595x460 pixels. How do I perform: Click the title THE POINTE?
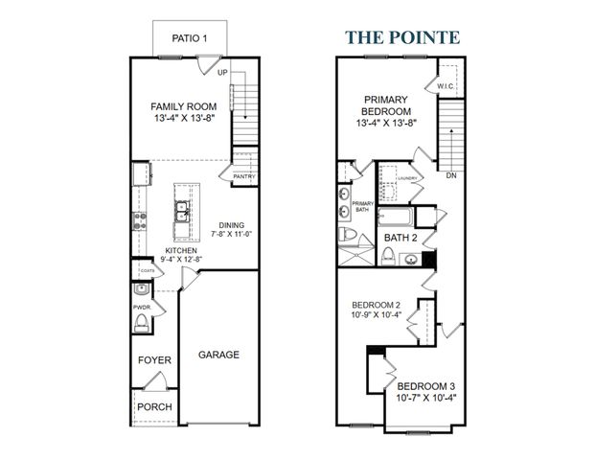pos(401,37)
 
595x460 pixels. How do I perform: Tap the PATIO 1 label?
pos(190,39)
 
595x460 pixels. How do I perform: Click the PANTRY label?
pos(242,175)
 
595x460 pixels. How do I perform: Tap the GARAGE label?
pos(218,355)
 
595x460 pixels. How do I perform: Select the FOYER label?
pos(154,360)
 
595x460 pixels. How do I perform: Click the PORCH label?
pos(154,406)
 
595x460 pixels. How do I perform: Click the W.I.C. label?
pos(445,86)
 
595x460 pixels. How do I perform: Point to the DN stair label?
pos(449,175)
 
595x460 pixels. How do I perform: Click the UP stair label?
pos(222,72)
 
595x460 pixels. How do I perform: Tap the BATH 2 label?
pos(400,236)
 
